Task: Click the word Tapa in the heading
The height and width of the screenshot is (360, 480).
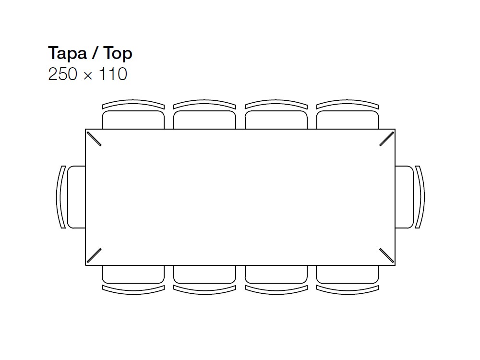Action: (67, 53)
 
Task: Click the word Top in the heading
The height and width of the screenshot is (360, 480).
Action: (118, 54)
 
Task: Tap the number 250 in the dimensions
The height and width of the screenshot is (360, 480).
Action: (63, 74)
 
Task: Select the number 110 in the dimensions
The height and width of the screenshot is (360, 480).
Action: (113, 74)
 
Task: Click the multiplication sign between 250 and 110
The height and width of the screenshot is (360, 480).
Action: (88, 75)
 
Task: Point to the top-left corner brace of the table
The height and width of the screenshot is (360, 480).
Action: (94, 139)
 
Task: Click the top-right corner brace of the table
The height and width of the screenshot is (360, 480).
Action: (386, 139)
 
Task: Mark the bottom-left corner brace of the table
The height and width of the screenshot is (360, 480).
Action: (94, 255)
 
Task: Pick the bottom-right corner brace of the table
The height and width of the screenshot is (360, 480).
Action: (386, 255)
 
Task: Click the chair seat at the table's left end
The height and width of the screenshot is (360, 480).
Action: (76, 197)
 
